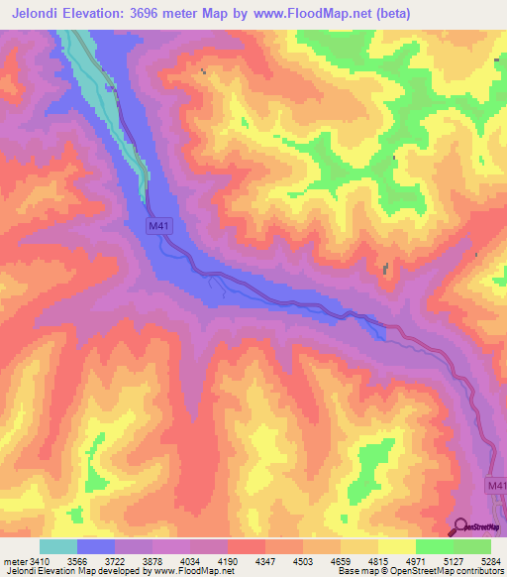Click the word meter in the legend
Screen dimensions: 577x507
coord(15,562)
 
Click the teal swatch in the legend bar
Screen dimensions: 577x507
coord(57,546)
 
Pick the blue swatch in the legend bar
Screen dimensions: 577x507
coord(95,546)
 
